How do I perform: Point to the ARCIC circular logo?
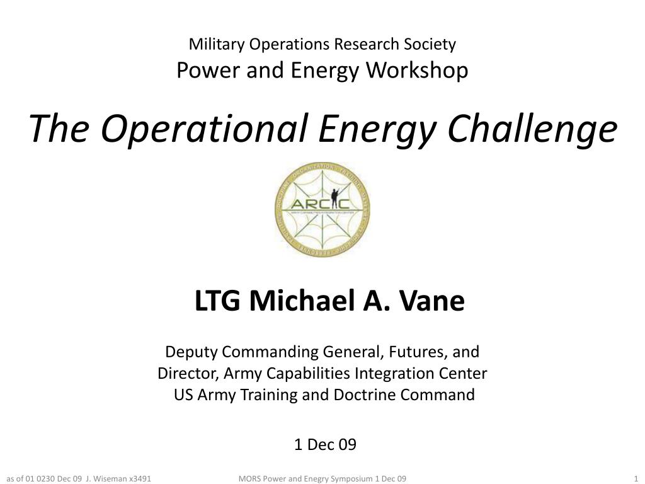click(322, 210)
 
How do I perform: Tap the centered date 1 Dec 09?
click(325, 445)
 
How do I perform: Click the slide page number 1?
click(636, 478)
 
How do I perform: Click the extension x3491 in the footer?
click(140, 478)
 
